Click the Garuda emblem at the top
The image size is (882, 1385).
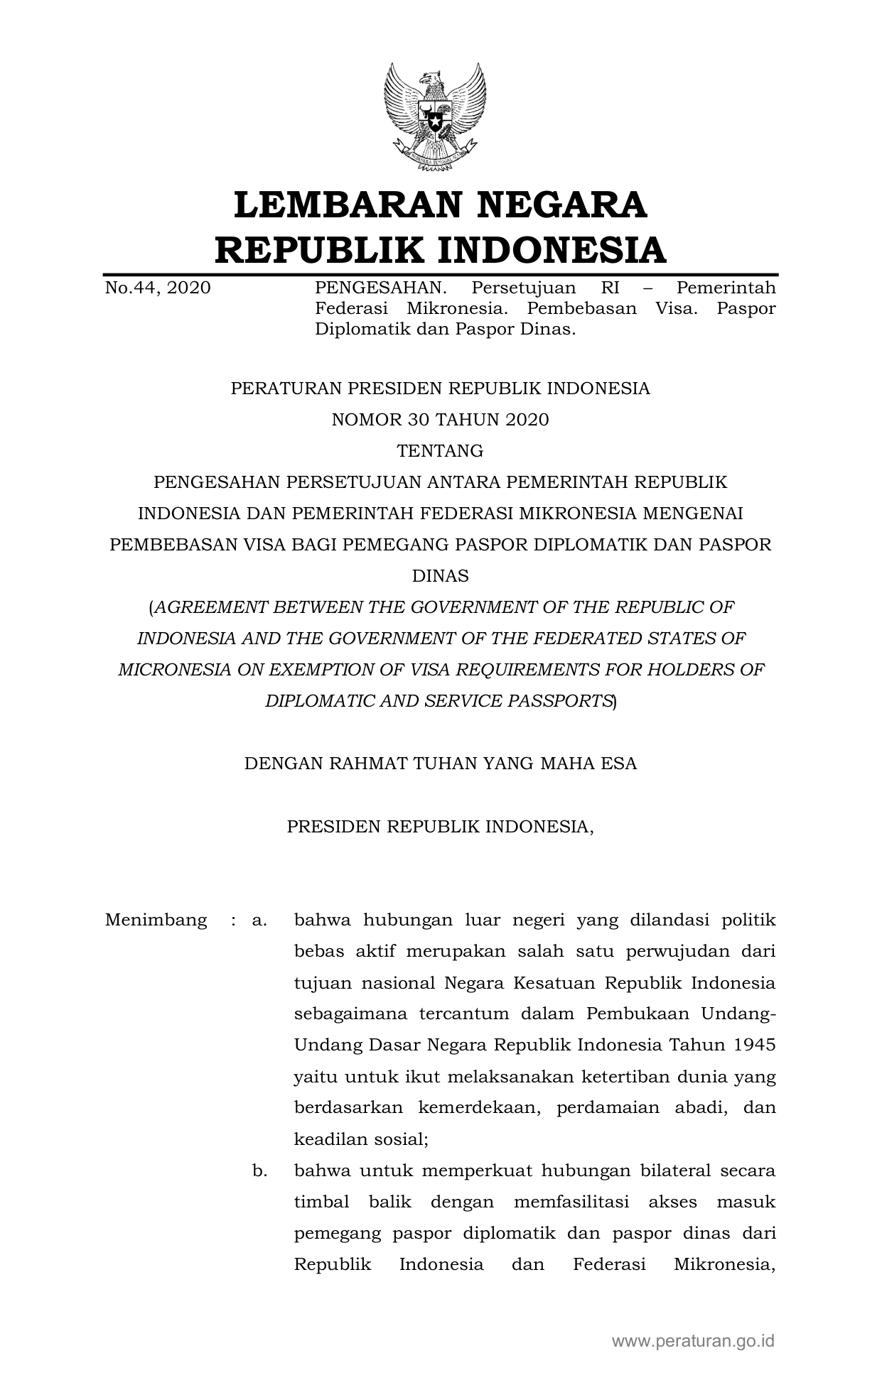(435, 117)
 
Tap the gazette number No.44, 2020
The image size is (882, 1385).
(158, 288)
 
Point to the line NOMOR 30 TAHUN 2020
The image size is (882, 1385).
(440, 420)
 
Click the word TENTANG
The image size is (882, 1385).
(440, 451)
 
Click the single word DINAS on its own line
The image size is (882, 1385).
(440, 576)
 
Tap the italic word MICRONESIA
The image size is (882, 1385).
(174, 670)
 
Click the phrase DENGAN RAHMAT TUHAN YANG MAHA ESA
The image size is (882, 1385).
(440, 764)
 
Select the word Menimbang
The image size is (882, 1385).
(156, 920)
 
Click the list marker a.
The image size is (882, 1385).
(259, 920)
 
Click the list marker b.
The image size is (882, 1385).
(259, 1171)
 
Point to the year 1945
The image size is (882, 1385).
(754, 1045)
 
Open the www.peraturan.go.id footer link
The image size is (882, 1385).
(693, 1342)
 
